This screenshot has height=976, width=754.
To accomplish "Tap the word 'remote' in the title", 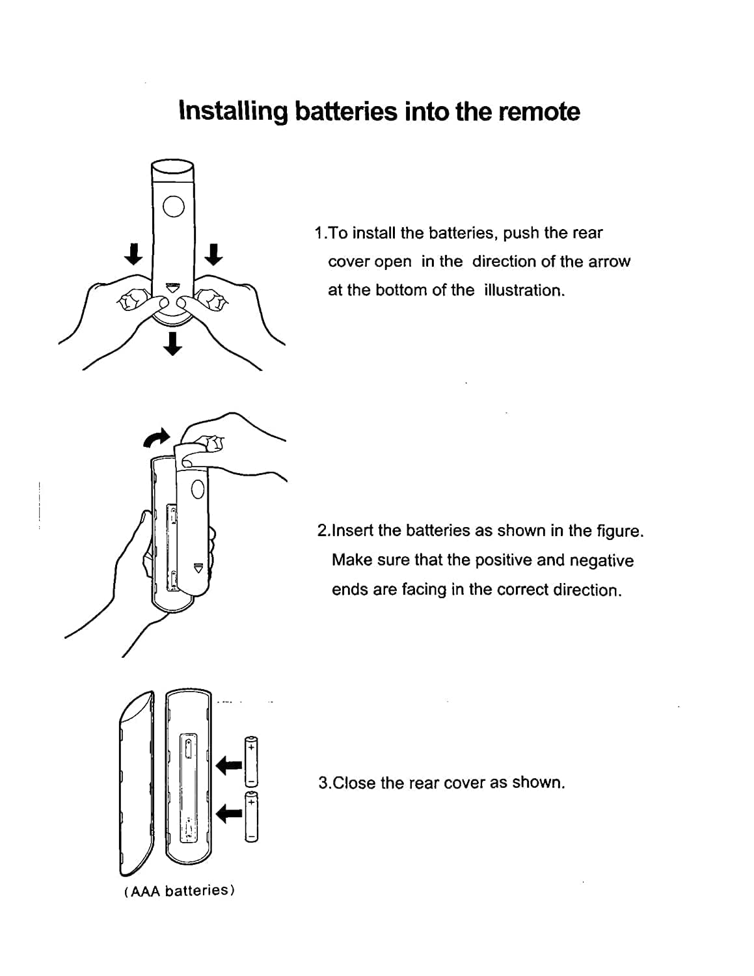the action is point(539,111).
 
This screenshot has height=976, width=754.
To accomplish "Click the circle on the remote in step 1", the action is point(173,206).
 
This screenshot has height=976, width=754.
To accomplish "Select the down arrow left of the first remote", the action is point(133,254).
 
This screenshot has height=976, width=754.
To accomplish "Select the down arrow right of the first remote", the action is point(213,254).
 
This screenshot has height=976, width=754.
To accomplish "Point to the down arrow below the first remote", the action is point(172,343).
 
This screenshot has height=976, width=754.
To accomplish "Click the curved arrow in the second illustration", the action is point(157,439).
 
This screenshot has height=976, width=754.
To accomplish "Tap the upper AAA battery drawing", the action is point(251,761).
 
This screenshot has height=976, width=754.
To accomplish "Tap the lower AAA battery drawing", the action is point(251,817).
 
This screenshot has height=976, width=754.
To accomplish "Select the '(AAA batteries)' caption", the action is point(179,890).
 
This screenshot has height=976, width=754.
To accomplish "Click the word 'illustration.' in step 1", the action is point(524,290).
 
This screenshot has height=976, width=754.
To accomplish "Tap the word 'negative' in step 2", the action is point(601,560).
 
